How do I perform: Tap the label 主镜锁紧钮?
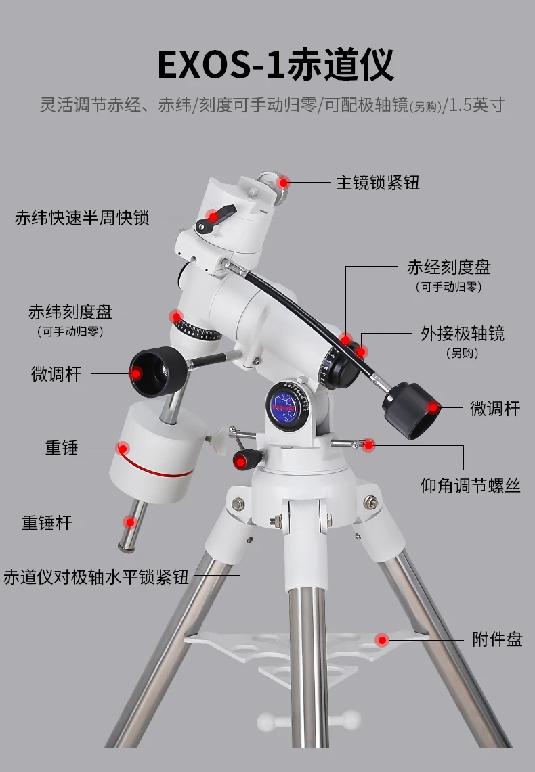378,182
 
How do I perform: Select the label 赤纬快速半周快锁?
81,218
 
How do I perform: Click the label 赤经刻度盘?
448,267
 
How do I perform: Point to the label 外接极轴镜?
463,334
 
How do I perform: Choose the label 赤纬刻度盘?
70,312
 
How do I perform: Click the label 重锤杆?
47,522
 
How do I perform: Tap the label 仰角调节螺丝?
471,485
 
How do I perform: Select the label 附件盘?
497,639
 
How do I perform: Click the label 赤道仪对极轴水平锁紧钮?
96,577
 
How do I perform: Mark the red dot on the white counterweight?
123,447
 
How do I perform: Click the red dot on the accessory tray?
383,639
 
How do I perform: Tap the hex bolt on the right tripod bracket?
370,502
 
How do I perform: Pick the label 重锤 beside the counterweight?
60,447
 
